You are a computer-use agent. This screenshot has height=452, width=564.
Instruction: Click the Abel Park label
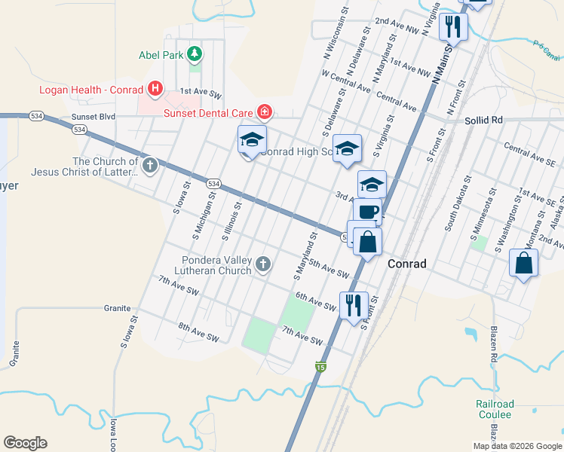coord(161,54)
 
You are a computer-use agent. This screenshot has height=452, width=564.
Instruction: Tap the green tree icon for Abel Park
coord(195,54)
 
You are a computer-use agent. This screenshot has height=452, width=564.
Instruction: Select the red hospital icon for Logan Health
coord(155,90)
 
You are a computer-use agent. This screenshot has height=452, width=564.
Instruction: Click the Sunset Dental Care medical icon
coord(264,113)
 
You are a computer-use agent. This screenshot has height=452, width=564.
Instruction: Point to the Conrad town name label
coord(407,264)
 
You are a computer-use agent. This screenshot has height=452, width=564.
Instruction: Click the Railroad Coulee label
coord(494,409)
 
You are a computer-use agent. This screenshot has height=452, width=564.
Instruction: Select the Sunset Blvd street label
coord(93,118)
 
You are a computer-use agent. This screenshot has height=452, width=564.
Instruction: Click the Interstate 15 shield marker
coord(320,366)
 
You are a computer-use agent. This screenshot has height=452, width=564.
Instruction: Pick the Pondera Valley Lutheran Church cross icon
coord(263,264)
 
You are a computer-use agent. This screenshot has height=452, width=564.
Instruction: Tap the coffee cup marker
coord(367,212)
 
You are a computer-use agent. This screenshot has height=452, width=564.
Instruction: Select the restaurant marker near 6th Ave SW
coord(354,305)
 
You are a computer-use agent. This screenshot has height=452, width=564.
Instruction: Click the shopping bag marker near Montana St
coord(523,264)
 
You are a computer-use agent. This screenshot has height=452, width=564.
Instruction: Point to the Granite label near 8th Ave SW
coord(118,308)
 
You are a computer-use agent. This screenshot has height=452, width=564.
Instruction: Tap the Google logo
coord(25,443)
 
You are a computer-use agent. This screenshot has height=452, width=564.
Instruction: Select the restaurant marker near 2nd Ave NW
coord(453,27)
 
